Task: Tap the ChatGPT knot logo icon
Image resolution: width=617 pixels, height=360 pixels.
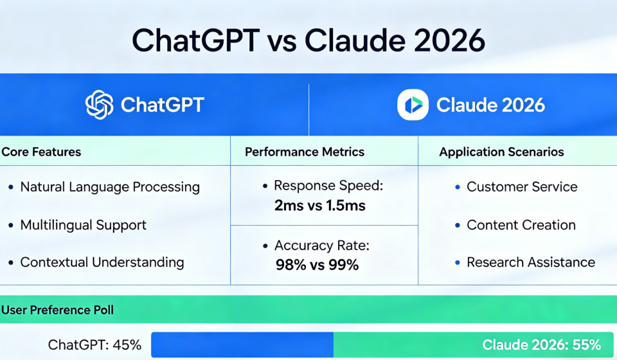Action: coord(100,104)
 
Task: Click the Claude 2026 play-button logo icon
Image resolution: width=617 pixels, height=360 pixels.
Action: coord(413,104)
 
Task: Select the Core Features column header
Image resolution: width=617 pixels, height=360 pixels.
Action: coord(41,152)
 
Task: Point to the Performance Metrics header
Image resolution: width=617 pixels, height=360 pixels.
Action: coord(305,152)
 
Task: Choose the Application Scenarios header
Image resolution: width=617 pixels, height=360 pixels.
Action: coord(501,152)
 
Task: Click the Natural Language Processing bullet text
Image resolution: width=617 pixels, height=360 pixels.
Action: coord(110,187)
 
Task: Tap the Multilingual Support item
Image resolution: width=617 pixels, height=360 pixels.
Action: coord(84,225)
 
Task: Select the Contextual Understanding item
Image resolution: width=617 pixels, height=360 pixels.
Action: coord(102,262)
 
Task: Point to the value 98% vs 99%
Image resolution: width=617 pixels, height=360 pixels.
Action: coord(317,264)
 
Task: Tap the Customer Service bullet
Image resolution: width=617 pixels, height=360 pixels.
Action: coord(522,187)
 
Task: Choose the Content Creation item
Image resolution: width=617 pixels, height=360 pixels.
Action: coord(521,225)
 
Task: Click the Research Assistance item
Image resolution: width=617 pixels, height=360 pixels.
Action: coord(531,262)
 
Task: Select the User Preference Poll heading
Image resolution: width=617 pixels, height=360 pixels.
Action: coord(58,310)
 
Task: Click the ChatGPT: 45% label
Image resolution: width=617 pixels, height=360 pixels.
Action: coord(94,345)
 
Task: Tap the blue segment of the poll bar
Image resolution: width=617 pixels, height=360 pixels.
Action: coord(242,345)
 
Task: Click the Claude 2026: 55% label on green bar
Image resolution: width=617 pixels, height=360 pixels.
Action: coord(541,345)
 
